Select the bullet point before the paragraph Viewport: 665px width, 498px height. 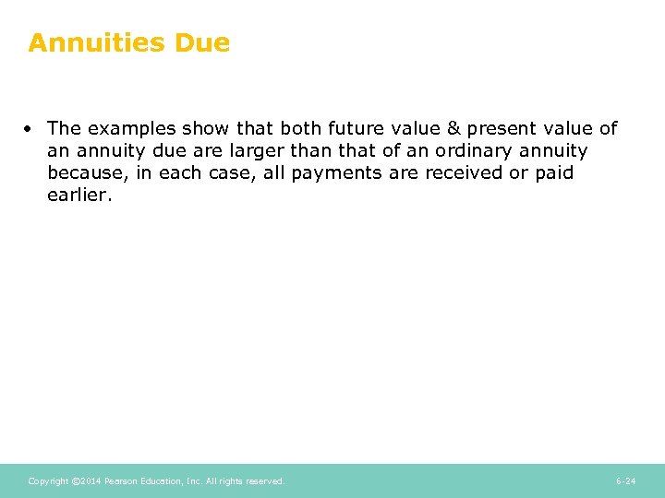(x=32, y=128)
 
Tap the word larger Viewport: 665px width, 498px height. (x=248, y=150)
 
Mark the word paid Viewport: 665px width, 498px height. (x=554, y=172)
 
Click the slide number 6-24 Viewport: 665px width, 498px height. (x=625, y=481)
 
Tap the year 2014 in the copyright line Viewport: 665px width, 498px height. (x=89, y=481)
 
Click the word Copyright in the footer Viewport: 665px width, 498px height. (x=48, y=481)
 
